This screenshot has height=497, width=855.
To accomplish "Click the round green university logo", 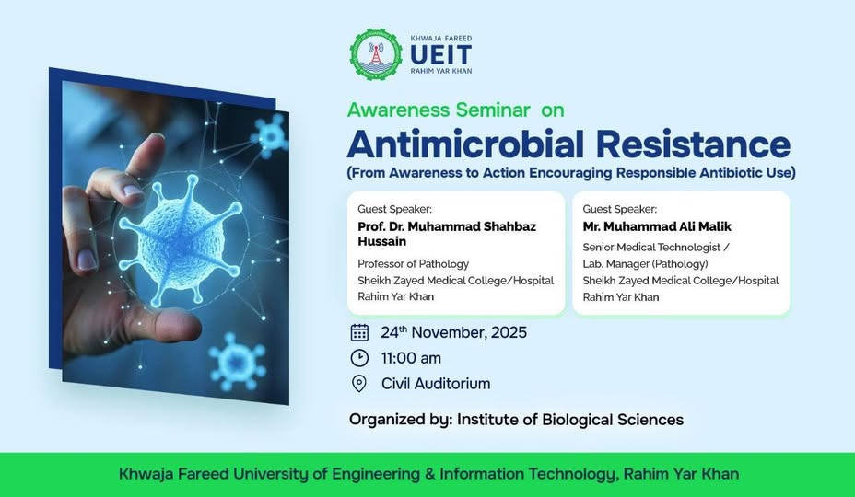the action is tap(376, 54).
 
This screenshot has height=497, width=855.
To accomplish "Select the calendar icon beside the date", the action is tap(359, 332).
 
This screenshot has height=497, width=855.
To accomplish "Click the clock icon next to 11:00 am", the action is tap(359, 358).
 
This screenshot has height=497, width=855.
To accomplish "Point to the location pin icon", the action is tap(359, 384).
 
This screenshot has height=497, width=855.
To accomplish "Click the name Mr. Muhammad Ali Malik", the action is tap(657, 226).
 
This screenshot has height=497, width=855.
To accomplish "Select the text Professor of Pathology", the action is tap(414, 264).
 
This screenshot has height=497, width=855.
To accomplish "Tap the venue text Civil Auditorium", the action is tap(436, 384).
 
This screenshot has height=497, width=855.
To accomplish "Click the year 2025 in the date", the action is tap(509, 332).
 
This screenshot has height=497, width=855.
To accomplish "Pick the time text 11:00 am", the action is tap(411, 358).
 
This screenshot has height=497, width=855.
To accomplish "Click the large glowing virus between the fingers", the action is tap(180, 240).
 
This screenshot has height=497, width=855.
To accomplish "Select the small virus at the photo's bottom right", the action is tap(237, 362).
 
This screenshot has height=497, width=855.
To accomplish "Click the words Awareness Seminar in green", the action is tap(439, 110).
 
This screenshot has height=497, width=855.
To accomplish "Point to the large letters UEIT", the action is tap(440, 55).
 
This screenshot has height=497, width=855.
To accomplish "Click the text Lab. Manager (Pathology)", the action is tap(645, 264).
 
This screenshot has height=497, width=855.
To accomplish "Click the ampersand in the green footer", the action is tap(430, 474).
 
